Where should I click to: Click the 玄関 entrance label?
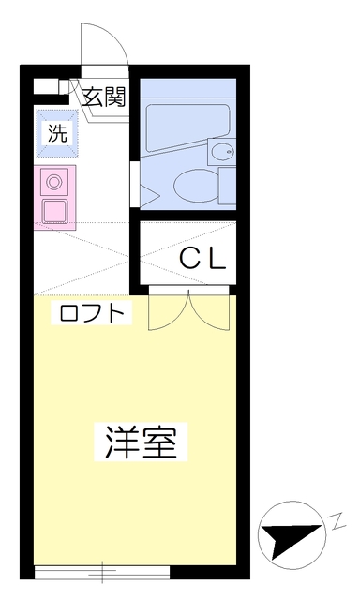coord(104,97)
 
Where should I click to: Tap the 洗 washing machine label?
coord(57,133)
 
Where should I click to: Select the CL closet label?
coord(202,258)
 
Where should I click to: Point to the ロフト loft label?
coord(92,313)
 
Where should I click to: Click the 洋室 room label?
coord(141,442)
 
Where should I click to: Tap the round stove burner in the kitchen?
coord(54,181)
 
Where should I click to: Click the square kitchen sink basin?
coord(54,210)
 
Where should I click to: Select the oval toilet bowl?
coord(196,187)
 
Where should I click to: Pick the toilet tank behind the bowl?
coord(227,186)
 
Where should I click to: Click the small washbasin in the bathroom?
coord(222,152)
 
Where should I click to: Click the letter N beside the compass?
coord(336,523)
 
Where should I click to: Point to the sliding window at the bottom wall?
coord(102,572)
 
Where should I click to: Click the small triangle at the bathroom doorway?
coord(149,195)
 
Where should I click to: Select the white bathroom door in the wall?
coord(134,184)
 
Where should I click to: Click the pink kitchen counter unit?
coord(54,198)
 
